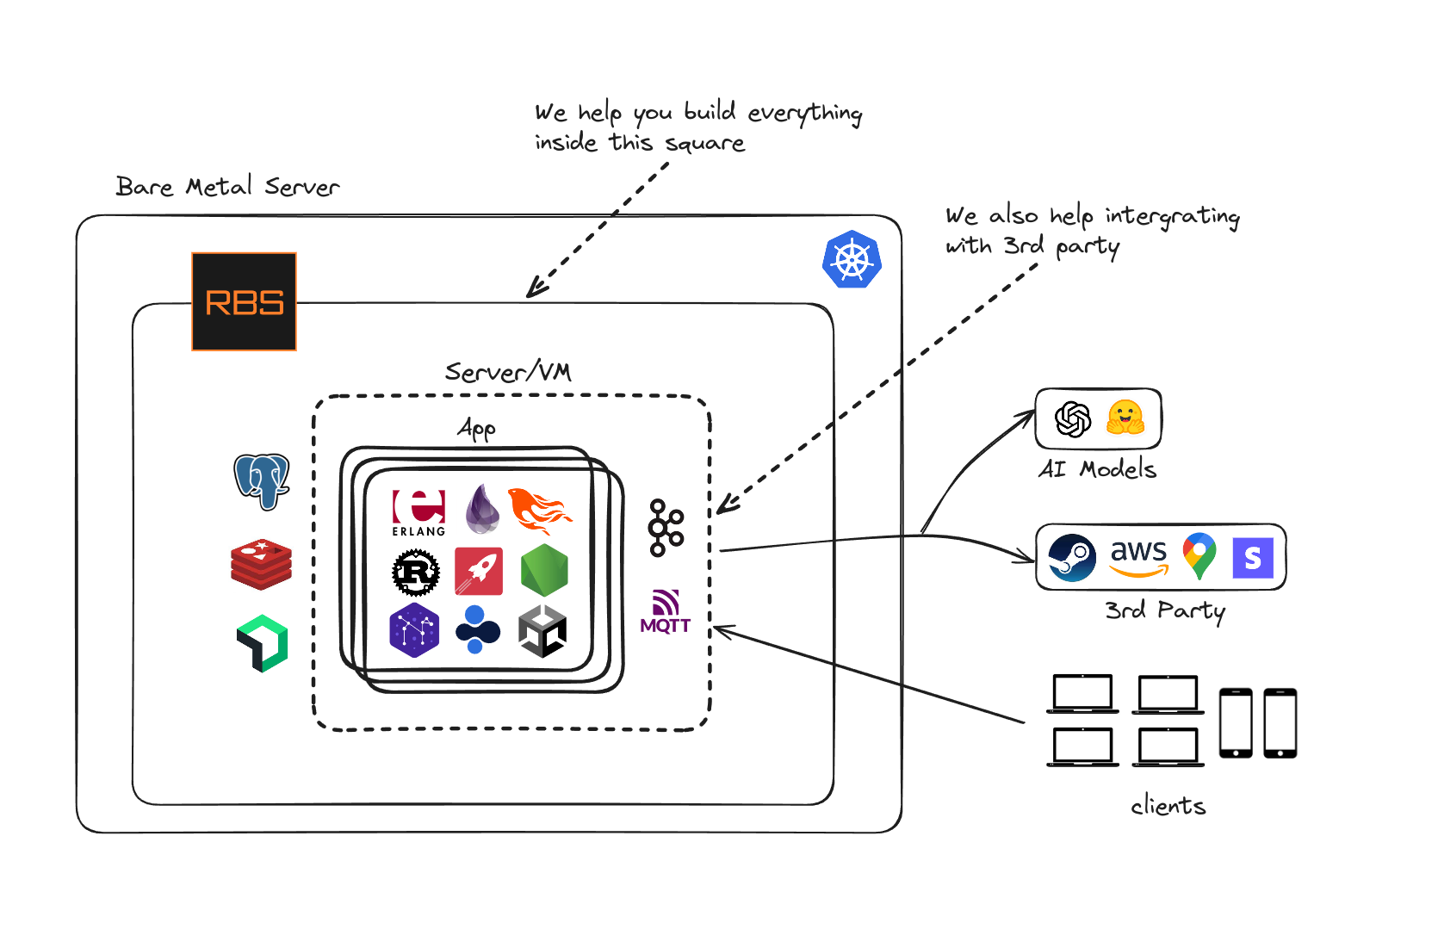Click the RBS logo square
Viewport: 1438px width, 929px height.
tap(244, 301)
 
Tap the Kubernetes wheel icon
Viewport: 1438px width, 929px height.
tap(852, 259)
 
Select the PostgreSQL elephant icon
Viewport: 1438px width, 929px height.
tap(262, 481)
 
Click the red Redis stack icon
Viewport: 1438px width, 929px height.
tap(261, 564)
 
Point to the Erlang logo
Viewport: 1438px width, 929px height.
tap(418, 512)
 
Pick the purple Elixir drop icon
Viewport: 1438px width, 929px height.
tap(482, 509)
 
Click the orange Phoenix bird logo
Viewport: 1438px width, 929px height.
tap(539, 511)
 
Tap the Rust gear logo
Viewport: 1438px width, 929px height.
tap(416, 572)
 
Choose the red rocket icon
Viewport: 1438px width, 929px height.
tap(479, 571)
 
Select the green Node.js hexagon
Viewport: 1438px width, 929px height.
tap(544, 570)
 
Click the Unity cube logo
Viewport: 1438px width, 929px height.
tap(542, 631)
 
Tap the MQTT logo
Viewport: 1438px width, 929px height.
tap(666, 612)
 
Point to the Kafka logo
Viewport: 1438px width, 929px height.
tap(666, 527)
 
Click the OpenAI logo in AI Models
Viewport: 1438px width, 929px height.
tap(1073, 419)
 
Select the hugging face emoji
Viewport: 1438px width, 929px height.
tap(1125, 418)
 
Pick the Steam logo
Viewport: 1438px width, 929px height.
tap(1072, 558)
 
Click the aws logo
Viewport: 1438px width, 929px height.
tap(1138, 556)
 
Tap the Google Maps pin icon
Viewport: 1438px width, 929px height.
tap(1199, 556)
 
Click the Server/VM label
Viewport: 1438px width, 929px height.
tap(508, 372)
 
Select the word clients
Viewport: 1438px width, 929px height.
tap(1168, 806)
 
